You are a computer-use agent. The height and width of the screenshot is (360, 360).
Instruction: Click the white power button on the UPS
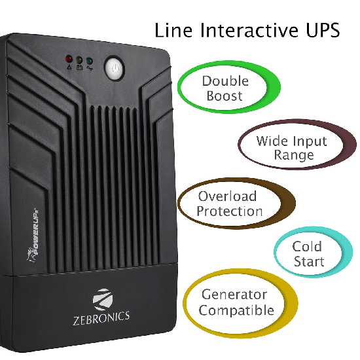115,68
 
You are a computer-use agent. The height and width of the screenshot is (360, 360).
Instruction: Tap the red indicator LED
69,58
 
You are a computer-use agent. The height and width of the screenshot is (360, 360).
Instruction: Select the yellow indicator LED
79,60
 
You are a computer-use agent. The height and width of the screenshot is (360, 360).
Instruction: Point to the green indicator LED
89,61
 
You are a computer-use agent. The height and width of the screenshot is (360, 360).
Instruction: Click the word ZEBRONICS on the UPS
101,318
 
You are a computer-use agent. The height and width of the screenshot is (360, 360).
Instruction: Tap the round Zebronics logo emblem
103,299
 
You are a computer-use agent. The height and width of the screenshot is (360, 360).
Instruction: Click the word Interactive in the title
249,30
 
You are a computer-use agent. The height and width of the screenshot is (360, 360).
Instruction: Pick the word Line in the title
173,30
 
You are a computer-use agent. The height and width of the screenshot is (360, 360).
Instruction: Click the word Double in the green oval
225,81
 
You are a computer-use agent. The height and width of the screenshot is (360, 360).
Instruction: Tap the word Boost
225,96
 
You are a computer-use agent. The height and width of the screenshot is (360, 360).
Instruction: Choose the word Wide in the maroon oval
271,141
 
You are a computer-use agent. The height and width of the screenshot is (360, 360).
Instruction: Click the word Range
294,155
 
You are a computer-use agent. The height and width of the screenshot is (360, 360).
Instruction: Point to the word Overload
227,196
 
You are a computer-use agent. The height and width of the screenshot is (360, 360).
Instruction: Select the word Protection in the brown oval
229,211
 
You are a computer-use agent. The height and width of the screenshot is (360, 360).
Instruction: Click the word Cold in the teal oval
307,247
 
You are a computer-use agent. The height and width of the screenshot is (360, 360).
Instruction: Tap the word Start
309,262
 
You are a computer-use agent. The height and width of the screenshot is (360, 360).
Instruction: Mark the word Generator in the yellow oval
234,295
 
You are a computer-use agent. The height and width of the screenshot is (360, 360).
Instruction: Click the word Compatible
236,310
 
